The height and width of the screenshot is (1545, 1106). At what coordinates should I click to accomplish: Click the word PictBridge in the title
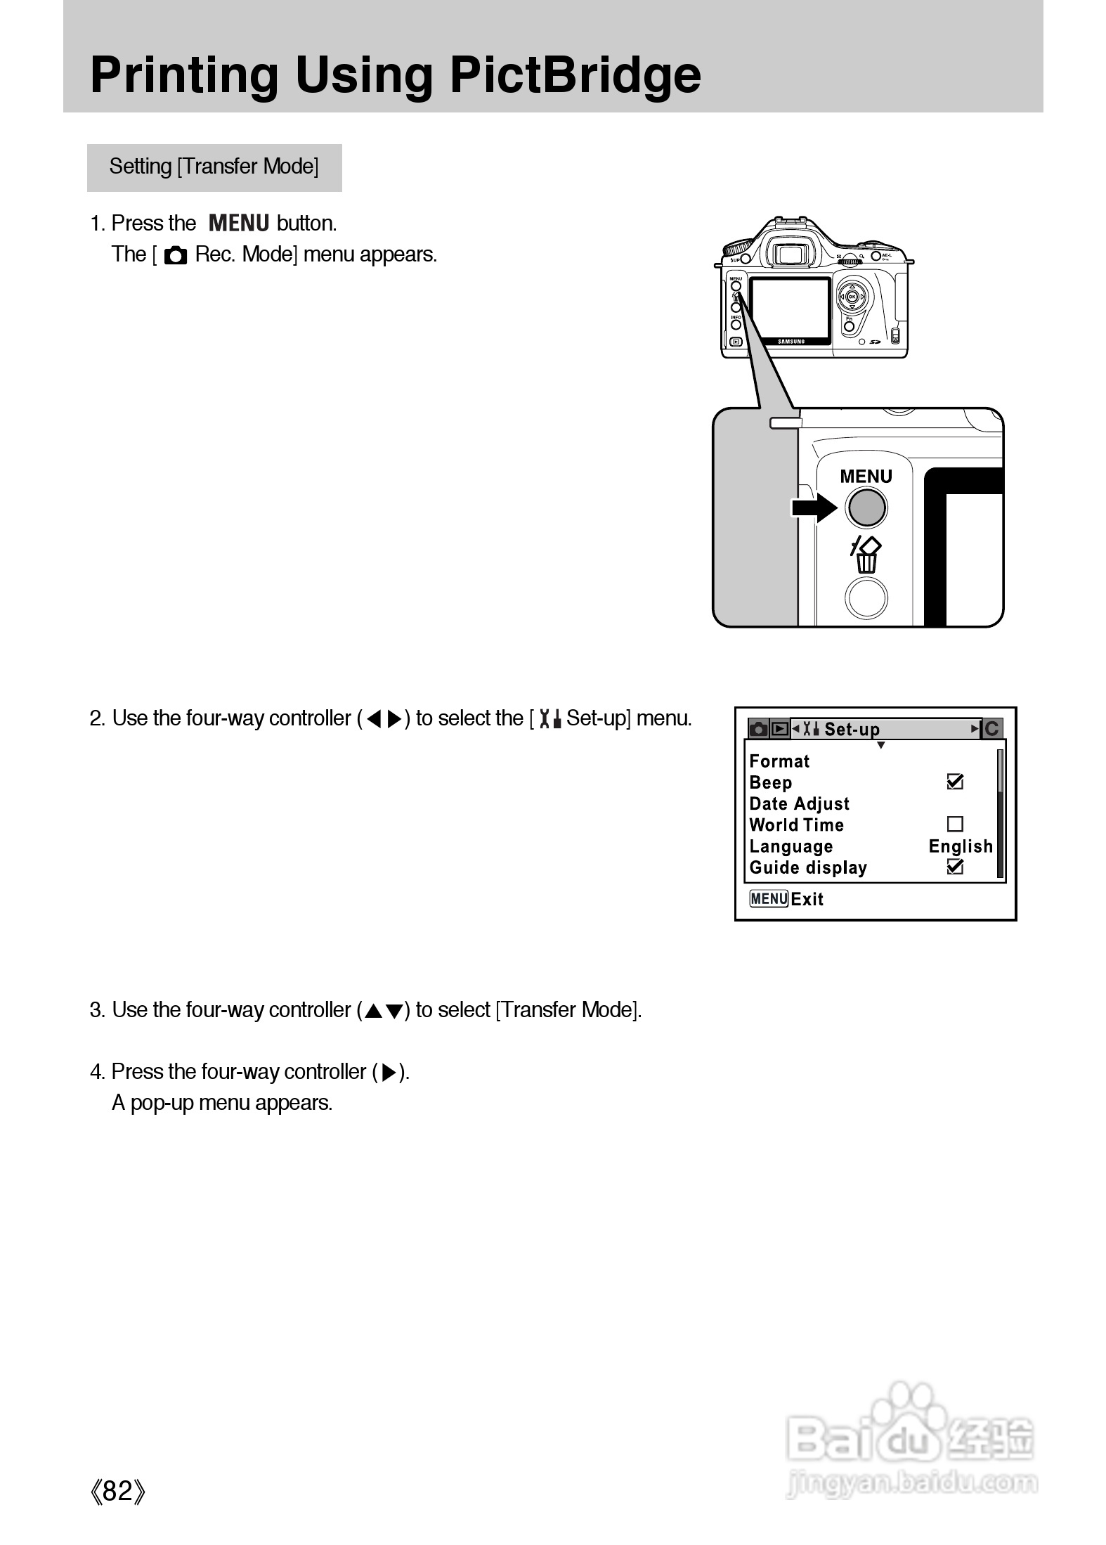575,75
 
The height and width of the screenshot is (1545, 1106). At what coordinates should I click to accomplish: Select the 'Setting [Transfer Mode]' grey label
214,167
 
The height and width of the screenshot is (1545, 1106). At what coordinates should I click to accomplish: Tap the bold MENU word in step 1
239,224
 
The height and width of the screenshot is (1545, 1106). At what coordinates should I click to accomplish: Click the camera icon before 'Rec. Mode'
175,256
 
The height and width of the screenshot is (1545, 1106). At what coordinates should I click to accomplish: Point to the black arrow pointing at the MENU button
814,508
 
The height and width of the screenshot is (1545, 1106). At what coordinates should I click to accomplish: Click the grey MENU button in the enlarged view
866,508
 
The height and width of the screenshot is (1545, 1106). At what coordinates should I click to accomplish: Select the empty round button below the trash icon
866,599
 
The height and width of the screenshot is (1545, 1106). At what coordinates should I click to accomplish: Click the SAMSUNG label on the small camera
791,342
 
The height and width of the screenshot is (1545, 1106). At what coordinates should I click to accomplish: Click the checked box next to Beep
955,782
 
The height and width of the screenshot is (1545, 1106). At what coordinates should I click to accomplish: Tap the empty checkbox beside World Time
955,824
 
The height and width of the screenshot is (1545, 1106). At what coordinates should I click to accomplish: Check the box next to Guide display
955,867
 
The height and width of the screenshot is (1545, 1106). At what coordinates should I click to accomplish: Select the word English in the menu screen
960,846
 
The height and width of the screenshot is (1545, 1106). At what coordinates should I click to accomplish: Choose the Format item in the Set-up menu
779,761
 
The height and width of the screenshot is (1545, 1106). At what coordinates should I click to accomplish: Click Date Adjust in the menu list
799,803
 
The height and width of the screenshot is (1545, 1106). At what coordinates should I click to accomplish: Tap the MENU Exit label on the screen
786,899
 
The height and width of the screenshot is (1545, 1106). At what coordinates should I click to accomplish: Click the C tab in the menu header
991,728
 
